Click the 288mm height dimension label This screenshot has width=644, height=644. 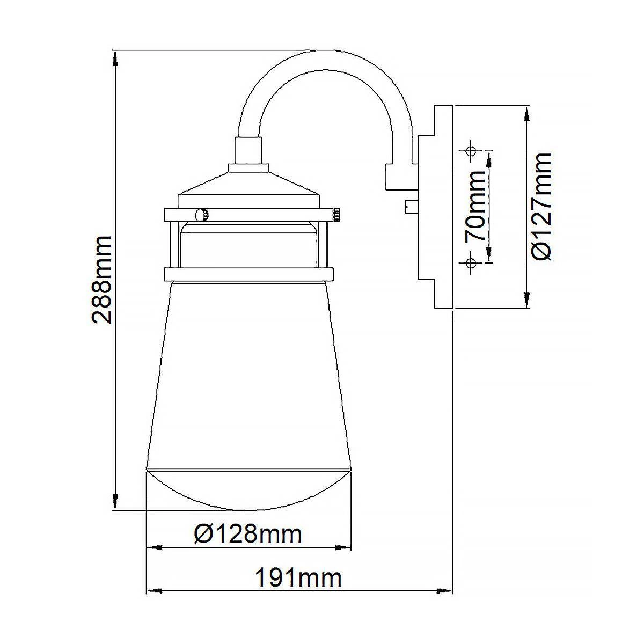101,280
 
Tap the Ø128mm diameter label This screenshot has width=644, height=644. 247,535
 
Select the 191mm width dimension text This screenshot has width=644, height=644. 298,577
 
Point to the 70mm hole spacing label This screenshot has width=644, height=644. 475,206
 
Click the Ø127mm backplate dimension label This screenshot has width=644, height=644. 541,207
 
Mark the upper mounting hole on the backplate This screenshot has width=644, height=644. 471,151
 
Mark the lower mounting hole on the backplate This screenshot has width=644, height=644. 471,262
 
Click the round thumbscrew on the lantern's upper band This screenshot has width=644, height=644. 202,215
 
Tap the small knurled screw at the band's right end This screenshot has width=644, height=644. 336,214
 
